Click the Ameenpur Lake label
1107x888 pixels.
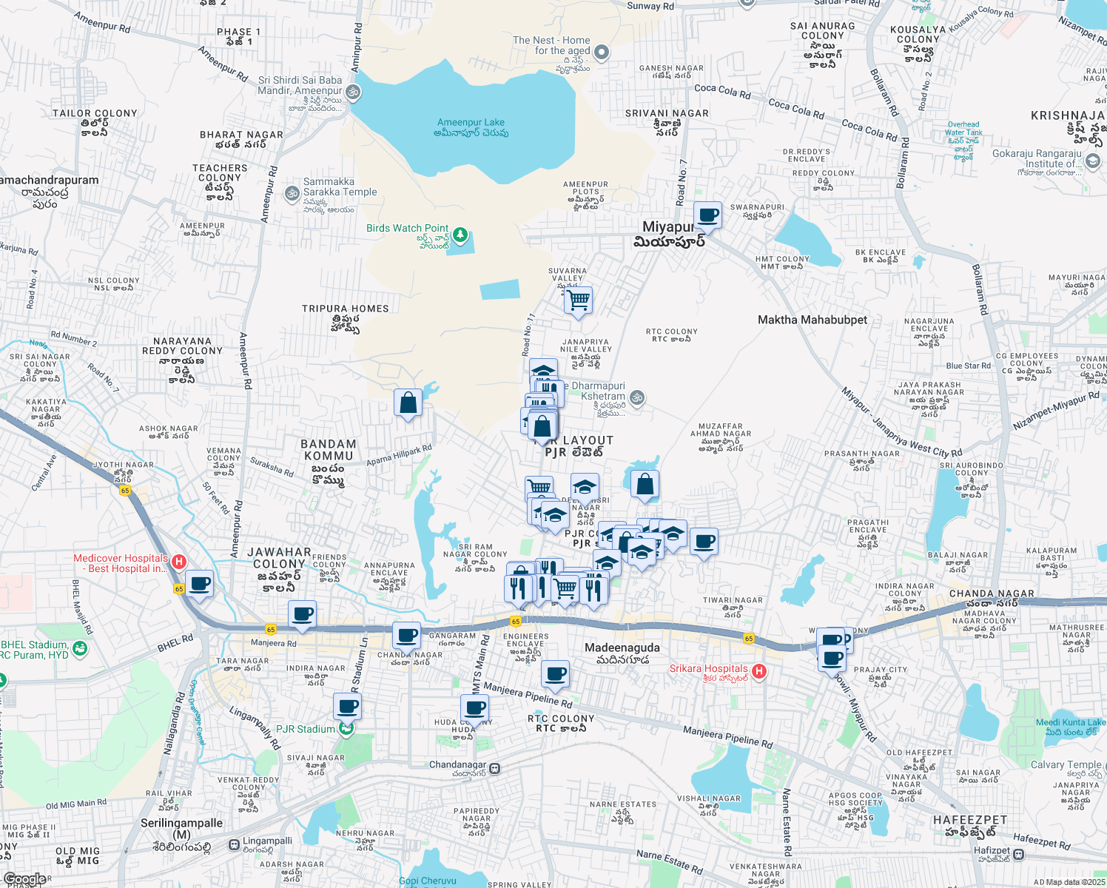(471, 127)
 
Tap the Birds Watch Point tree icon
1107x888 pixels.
(460, 235)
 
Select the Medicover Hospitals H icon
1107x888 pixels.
(178, 562)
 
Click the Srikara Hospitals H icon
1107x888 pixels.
(758, 671)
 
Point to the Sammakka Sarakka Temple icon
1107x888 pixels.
(292, 193)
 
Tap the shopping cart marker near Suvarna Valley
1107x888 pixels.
(578, 300)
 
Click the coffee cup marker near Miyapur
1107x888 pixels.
(708, 215)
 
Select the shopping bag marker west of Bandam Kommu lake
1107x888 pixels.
(408, 403)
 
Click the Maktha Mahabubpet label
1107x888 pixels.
(812, 320)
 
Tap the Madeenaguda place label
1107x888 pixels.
(622, 648)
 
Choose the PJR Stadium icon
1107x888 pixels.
(346, 729)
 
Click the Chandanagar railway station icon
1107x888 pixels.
(495, 769)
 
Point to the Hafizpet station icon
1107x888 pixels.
(1019, 854)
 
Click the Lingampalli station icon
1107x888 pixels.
(234, 844)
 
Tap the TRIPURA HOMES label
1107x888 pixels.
(345, 309)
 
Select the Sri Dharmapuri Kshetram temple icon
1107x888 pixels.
(637, 398)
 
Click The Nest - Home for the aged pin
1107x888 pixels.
(602, 52)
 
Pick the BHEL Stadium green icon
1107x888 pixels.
(80, 649)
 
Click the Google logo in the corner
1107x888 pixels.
(24, 879)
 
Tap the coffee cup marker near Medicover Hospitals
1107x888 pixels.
(200, 584)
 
